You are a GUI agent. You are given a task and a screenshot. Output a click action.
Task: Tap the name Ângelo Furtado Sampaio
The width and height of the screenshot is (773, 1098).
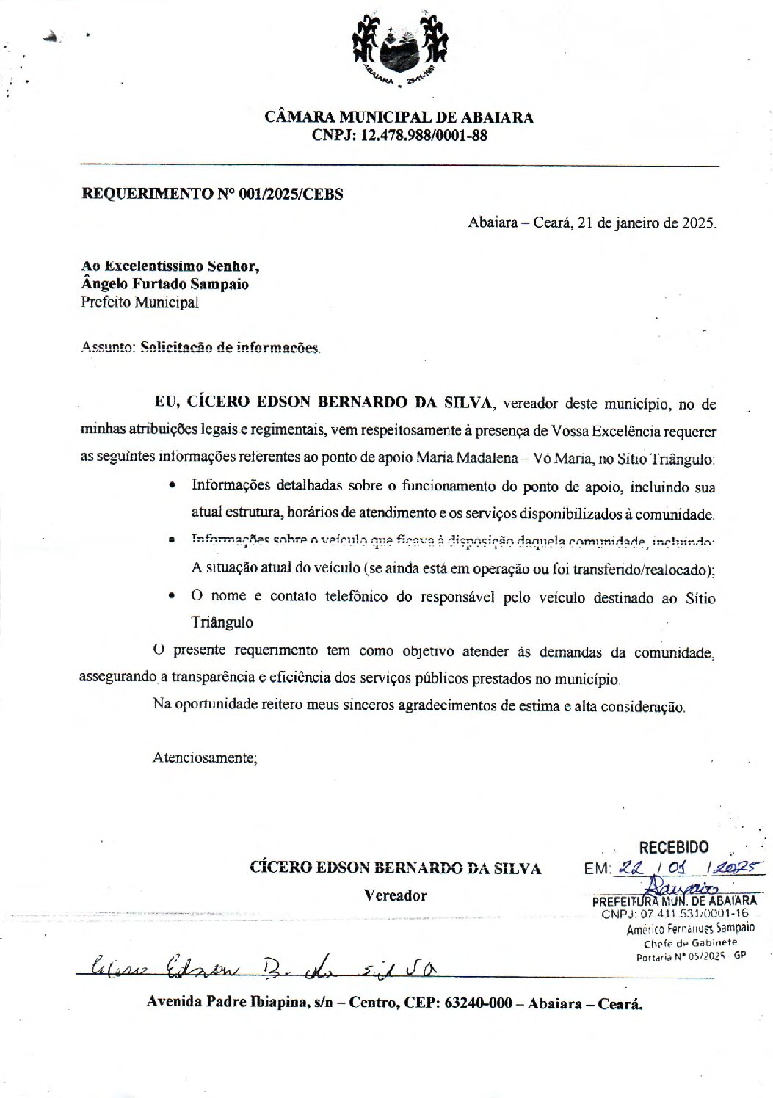(165, 284)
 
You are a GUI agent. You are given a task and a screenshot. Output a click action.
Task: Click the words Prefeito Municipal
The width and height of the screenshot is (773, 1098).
(139, 302)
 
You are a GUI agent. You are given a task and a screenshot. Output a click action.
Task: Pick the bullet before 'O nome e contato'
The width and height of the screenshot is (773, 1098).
(172, 597)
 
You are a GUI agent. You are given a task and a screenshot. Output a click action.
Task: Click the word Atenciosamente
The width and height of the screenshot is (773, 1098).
(205, 757)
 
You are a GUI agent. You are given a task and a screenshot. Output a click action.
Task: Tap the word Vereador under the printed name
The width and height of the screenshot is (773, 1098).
(396, 895)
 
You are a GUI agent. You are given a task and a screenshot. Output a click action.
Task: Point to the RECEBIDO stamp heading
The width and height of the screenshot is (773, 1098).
(674, 848)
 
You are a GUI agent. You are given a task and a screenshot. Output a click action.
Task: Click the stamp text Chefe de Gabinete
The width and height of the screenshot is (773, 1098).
(690, 943)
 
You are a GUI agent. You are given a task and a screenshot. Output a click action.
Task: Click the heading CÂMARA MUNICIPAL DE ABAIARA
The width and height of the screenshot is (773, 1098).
(399, 117)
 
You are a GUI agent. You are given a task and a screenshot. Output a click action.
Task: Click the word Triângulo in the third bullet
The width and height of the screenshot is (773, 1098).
(222, 622)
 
